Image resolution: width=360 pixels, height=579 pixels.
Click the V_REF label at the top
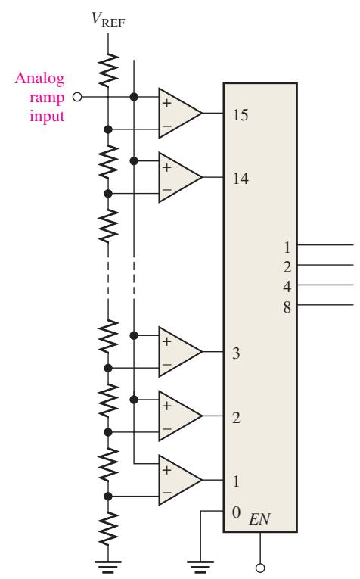[x=108, y=20]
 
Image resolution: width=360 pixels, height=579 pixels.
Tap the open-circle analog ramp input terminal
[x=77, y=97]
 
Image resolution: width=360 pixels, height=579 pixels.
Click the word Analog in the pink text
[x=40, y=79]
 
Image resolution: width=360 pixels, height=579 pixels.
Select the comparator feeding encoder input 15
[x=180, y=113]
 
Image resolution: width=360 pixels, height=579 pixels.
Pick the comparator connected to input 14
[x=180, y=177]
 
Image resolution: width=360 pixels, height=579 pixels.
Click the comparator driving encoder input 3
[x=180, y=351]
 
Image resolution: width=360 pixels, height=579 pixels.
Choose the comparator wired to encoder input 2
[x=180, y=416]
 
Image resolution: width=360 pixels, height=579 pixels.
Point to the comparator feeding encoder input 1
[x=180, y=480]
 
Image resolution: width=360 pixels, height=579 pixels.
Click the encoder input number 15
[x=241, y=115]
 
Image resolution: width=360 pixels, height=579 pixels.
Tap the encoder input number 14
[x=241, y=179]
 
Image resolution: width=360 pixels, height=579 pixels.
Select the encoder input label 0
[x=237, y=512]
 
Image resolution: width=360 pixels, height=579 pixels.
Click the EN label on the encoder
[x=259, y=519]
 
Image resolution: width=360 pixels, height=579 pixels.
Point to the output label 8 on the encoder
[x=287, y=307]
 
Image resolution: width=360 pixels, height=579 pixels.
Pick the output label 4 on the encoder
[x=287, y=287]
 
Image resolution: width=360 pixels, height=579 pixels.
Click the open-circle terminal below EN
[x=260, y=568]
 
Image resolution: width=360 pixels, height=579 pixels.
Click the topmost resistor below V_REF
[x=108, y=70]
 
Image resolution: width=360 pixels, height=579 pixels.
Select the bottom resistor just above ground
[x=108, y=529]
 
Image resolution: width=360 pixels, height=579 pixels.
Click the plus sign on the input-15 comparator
[x=166, y=103]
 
